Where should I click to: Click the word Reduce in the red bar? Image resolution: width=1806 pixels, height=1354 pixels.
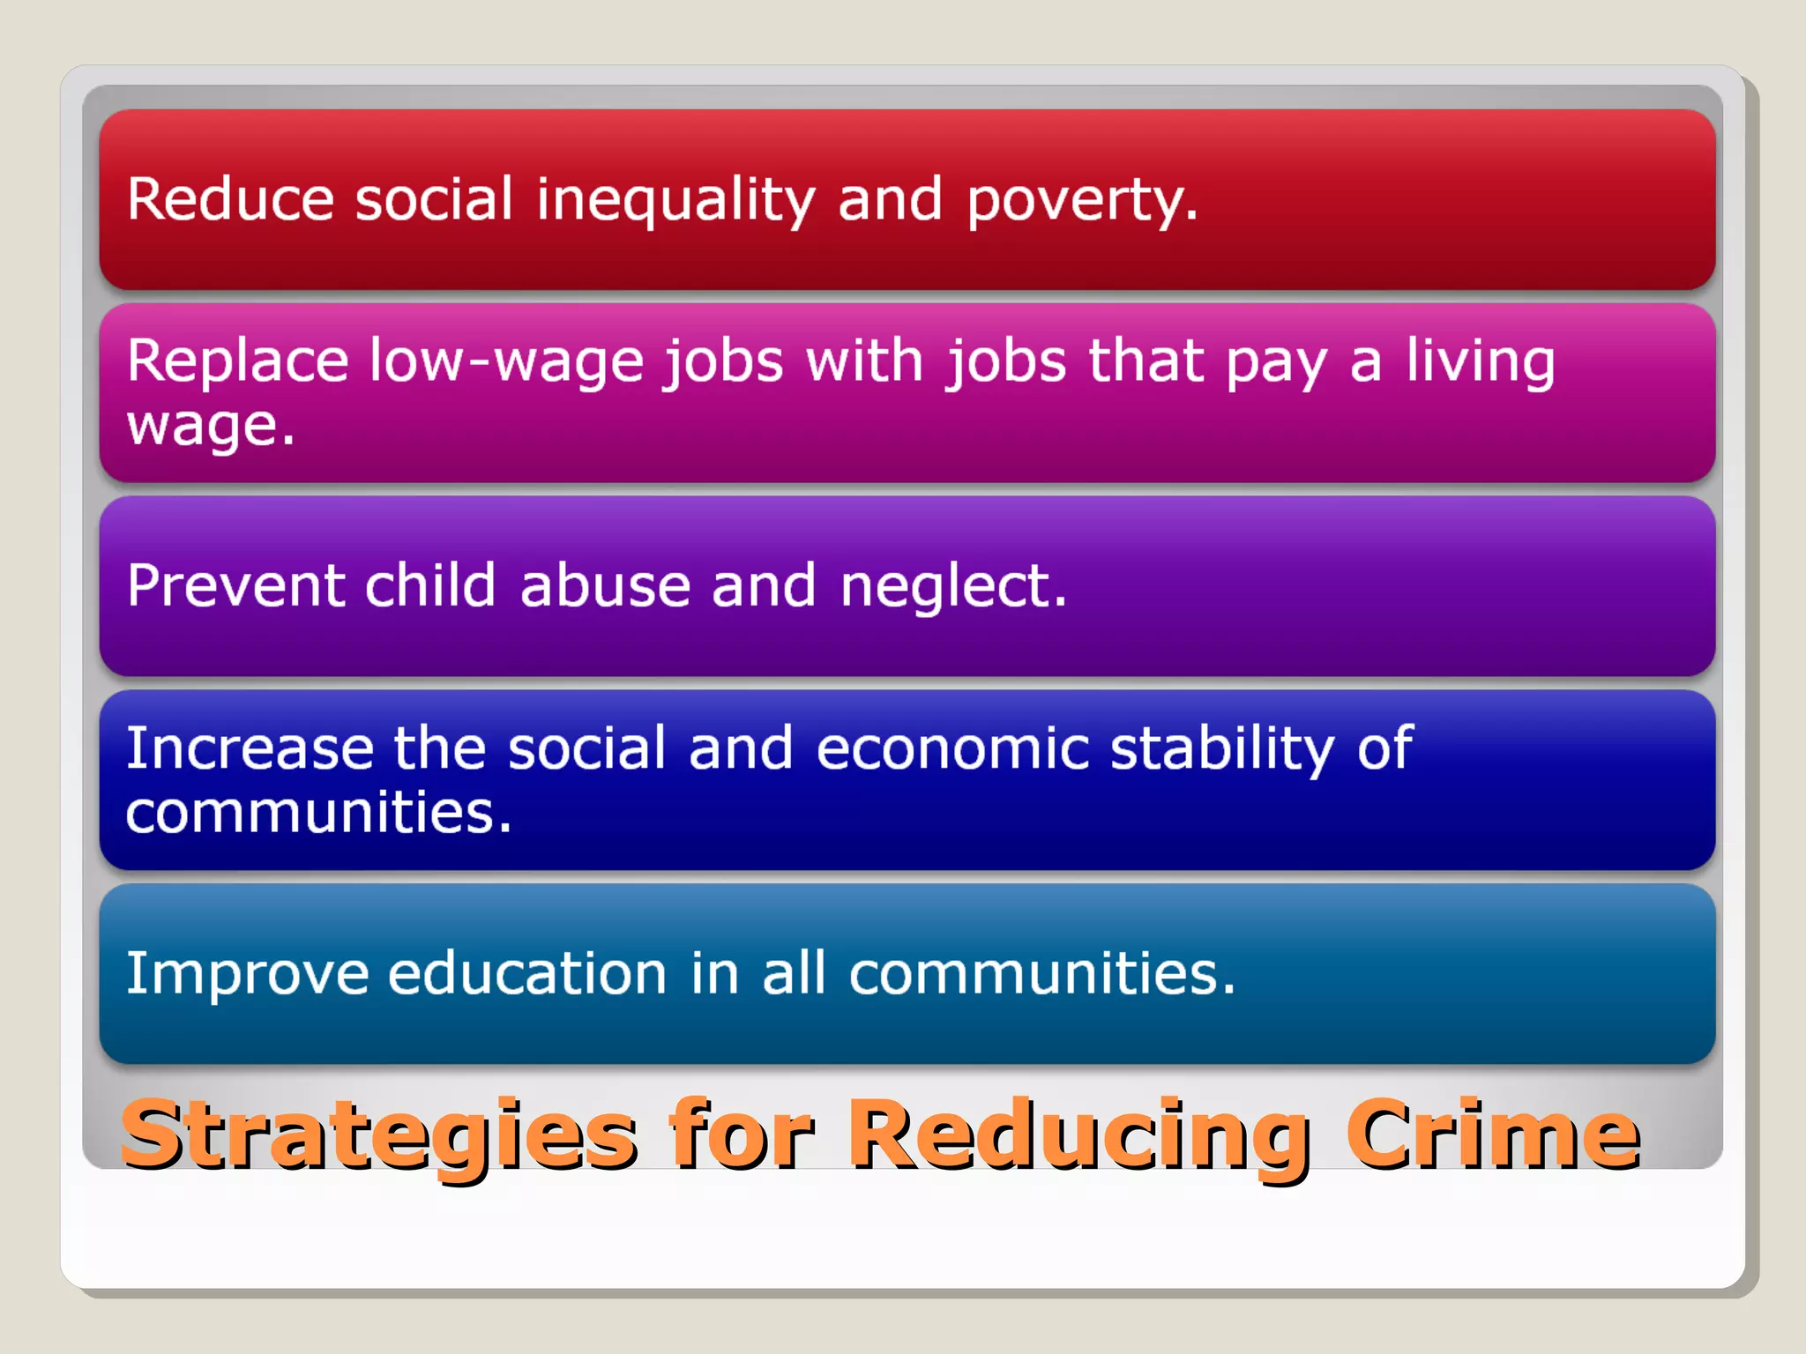click(x=230, y=199)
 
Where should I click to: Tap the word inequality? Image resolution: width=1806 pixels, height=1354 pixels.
click(x=675, y=201)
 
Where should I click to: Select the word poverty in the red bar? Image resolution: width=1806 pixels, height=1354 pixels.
click(x=1081, y=201)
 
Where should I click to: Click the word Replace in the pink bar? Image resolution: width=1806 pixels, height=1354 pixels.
click(x=237, y=361)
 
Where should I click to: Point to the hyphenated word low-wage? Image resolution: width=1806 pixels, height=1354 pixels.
click(x=506, y=362)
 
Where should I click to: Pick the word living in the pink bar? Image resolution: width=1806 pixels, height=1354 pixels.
click(x=1480, y=362)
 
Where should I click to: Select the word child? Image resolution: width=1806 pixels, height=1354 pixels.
click(x=430, y=585)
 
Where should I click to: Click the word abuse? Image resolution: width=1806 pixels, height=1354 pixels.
click(x=605, y=586)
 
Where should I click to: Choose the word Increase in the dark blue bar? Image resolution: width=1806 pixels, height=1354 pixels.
click(x=250, y=748)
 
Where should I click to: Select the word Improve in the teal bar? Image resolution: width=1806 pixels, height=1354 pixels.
click(x=247, y=975)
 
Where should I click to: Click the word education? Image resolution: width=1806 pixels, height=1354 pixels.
click(x=526, y=974)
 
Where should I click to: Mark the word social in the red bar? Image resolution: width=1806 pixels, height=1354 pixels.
click(x=433, y=199)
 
